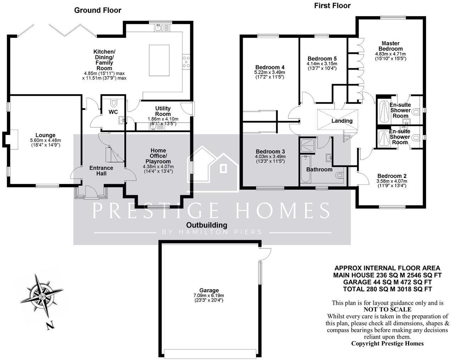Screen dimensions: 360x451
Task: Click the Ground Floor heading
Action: pos(98,10)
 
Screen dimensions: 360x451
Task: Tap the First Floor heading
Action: pos(332,6)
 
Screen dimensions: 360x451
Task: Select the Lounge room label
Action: pos(45,135)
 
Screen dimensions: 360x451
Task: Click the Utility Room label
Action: pos(163,111)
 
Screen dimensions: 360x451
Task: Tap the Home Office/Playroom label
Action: pos(158,156)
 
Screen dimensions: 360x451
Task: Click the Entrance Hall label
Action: pos(101,170)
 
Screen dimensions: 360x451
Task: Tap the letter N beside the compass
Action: pos(50,325)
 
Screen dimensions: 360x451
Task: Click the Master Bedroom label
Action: pos(390,46)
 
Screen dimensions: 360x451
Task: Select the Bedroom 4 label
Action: pos(270,67)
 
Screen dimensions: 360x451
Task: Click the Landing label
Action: pos(342,121)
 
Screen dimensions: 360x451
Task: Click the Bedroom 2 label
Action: pos(391,176)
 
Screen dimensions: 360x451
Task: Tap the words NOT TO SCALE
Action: pos(387,309)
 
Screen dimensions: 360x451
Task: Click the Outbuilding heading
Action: pos(207,225)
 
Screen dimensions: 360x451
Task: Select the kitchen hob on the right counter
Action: pos(186,62)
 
